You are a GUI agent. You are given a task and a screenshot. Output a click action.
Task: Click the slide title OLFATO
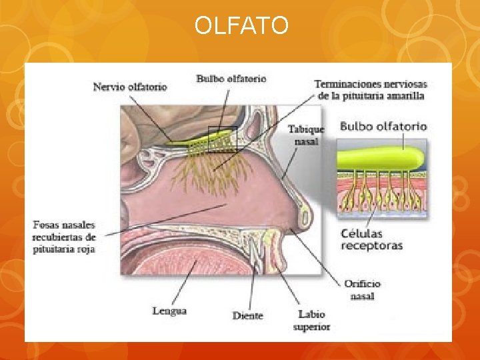pyautogui.click(x=241, y=26)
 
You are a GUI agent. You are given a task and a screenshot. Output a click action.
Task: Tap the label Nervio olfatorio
pyautogui.click(x=130, y=87)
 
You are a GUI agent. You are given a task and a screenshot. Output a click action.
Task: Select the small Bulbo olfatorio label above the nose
pyautogui.click(x=231, y=79)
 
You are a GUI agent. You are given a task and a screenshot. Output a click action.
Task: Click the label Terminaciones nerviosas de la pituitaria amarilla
pyautogui.click(x=370, y=89)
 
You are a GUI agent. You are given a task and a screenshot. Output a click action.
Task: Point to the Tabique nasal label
pyautogui.click(x=306, y=135)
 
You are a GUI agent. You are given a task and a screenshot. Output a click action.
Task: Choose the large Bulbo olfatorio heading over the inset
pyautogui.click(x=383, y=126)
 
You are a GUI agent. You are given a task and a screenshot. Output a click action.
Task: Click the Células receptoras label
pyautogui.click(x=371, y=239)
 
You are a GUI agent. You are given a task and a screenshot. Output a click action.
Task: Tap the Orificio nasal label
pyautogui.click(x=363, y=290)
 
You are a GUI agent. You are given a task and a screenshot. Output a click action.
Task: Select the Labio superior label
pyautogui.click(x=311, y=320)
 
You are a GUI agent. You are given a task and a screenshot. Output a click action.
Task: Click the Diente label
pyautogui.click(x=247, y=315)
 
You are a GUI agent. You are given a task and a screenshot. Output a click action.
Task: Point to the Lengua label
pyautogui.click(x=169, y=311)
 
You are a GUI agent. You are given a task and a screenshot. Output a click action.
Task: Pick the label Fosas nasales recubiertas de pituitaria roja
pyautogui.click(x=64, y=237)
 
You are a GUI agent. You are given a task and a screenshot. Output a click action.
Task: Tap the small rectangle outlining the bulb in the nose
pyautogui.click(x=222, y=139)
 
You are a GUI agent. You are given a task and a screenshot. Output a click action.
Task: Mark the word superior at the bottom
pyautogui.click(x=311, y=327)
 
